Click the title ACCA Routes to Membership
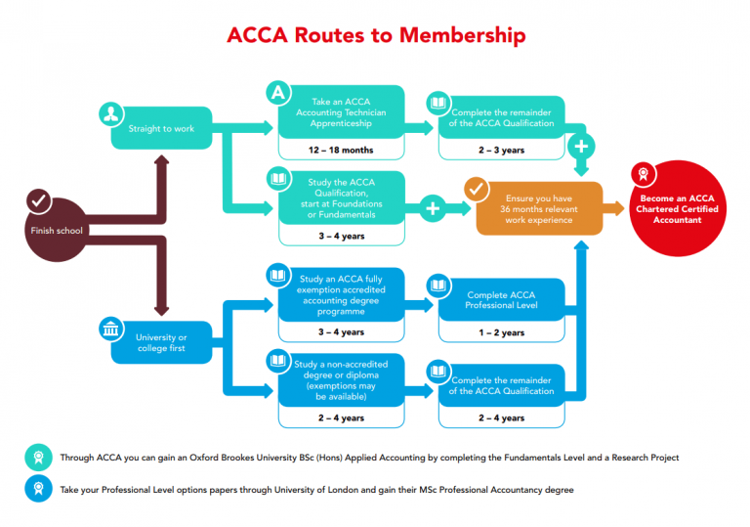(376, 35)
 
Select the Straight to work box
(162, 128)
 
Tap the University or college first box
(162, 341)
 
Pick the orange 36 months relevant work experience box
(536, 207)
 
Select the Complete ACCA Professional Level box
(501, 299)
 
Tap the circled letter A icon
(278, 92)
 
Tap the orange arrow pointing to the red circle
(613, 207)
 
